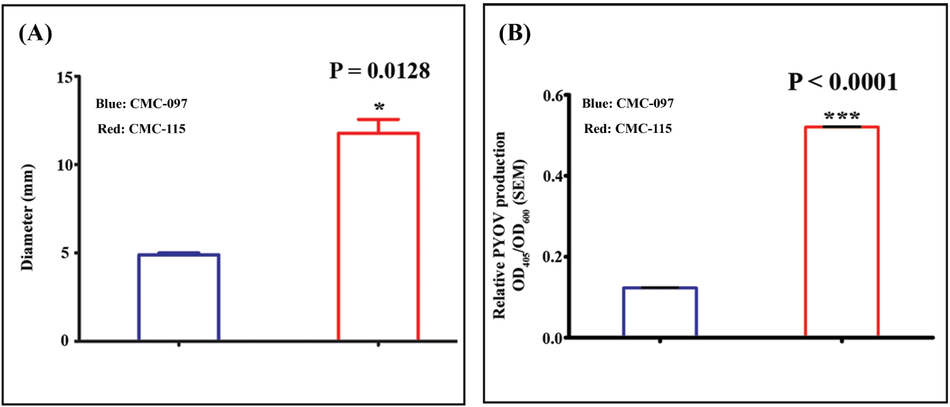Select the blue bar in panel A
click(179, 297)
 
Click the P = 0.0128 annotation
click(379, 72)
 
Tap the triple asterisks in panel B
click(842, 117)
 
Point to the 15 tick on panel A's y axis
click(64, 77)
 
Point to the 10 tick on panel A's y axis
click(64, 165)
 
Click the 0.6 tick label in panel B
click(552, 96)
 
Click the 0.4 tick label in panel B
click(552, 176)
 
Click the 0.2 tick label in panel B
click(552, 257)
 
